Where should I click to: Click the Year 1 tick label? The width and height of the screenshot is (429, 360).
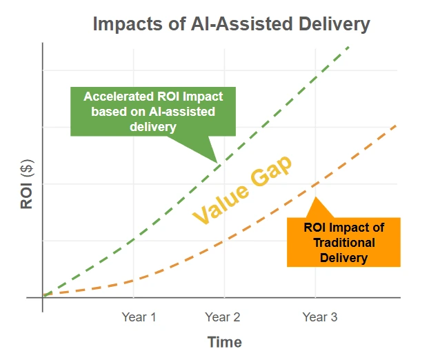(139, 317)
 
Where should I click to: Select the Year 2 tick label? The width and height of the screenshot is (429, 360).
(223, 317)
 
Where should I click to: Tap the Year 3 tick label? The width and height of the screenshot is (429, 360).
(320, 317)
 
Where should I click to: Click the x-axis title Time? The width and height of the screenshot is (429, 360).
(225, 342)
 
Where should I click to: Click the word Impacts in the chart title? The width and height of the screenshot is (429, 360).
(126, 24)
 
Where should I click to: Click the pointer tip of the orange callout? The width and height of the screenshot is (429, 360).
(315, 198)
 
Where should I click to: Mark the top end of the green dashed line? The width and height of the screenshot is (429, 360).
(349, 46)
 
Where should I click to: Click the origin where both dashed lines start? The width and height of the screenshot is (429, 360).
(43, 295)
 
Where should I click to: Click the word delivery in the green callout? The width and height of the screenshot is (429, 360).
(152, 126)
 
